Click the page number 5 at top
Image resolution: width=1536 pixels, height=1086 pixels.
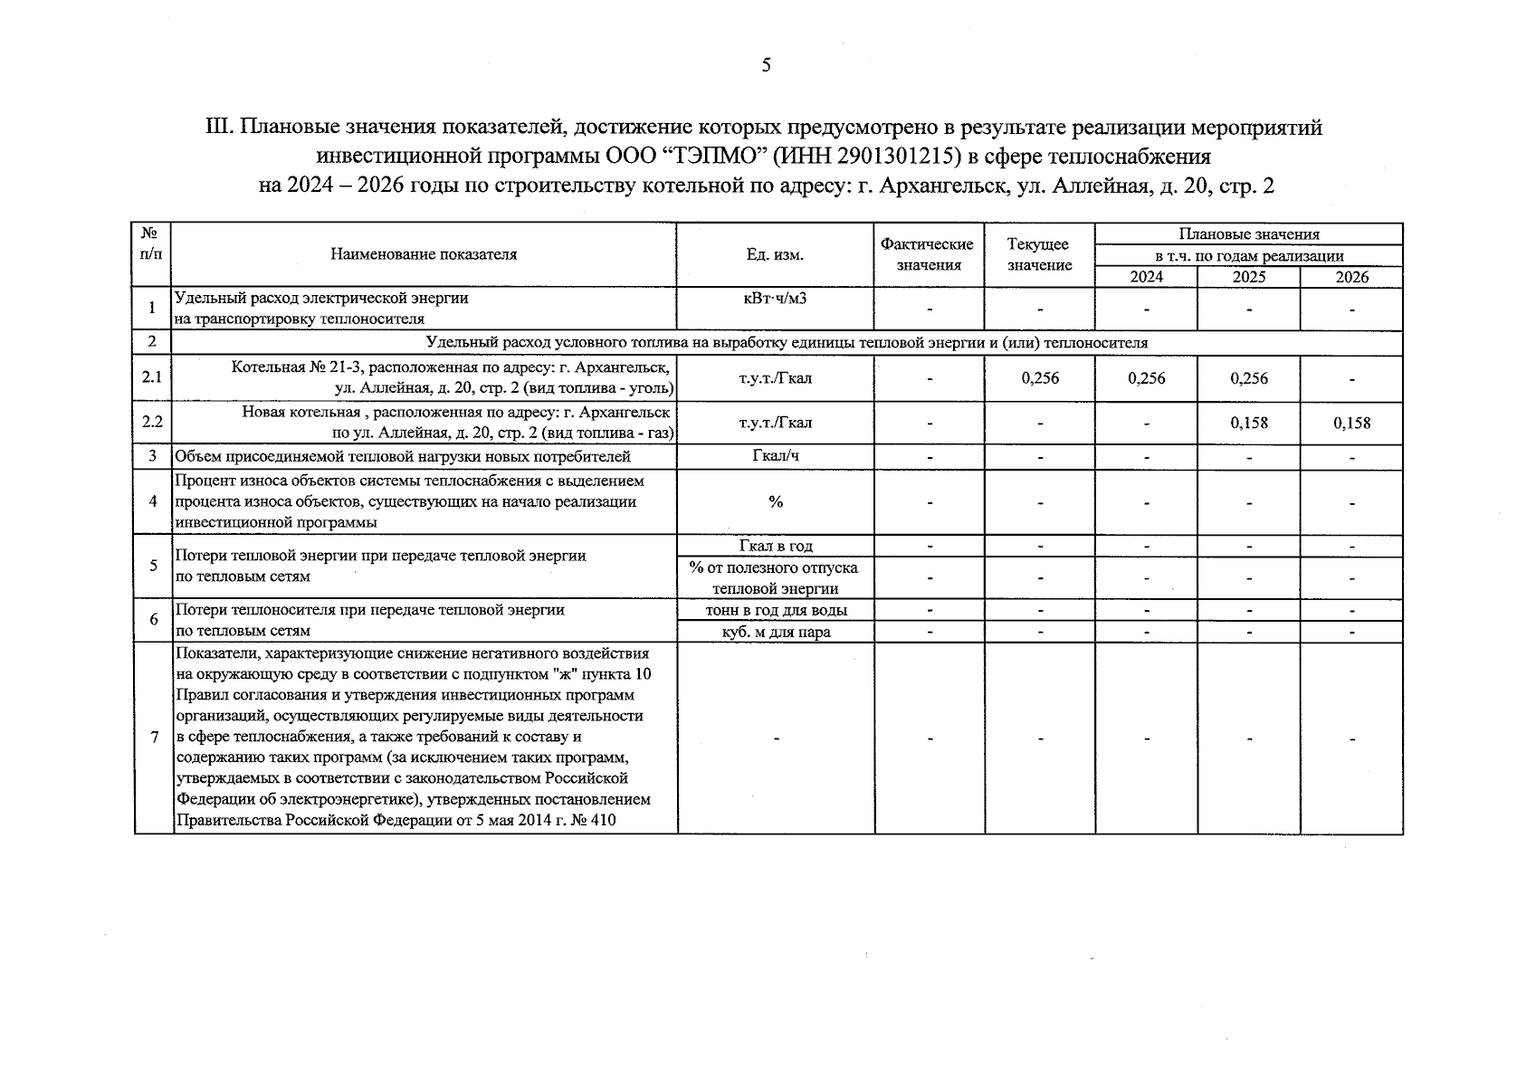tap(766, 65)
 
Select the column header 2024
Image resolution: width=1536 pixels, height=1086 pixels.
tap(1146, 277)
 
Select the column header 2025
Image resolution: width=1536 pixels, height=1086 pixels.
tap(1248, 277)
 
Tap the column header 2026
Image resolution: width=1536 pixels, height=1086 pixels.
tap(1351, 277)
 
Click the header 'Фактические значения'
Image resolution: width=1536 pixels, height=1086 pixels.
tap(928, 254)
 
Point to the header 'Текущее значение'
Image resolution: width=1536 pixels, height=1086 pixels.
tap(1039, 254)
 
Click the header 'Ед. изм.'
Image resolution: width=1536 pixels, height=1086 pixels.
tap(775, 254)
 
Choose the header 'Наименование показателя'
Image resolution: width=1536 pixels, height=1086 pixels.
tap(424, 254)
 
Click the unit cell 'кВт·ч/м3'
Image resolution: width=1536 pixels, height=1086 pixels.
tap(775, 298)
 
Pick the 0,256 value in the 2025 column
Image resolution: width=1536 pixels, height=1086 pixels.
tap(1248, 378)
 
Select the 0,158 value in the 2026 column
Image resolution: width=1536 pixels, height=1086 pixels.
tap(1351, 423)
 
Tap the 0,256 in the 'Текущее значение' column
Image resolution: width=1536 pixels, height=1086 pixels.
tap(1039, 378)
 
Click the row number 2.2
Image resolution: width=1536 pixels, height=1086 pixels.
tap(152, 423)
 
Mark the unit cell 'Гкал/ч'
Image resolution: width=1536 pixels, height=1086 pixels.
tap(775, 456)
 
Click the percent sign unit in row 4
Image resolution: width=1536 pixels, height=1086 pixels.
tap(775, 501)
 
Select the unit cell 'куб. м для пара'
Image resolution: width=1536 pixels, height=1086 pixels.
tap(775, 632)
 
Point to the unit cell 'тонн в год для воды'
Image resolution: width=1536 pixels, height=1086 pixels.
tap(775, 610)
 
